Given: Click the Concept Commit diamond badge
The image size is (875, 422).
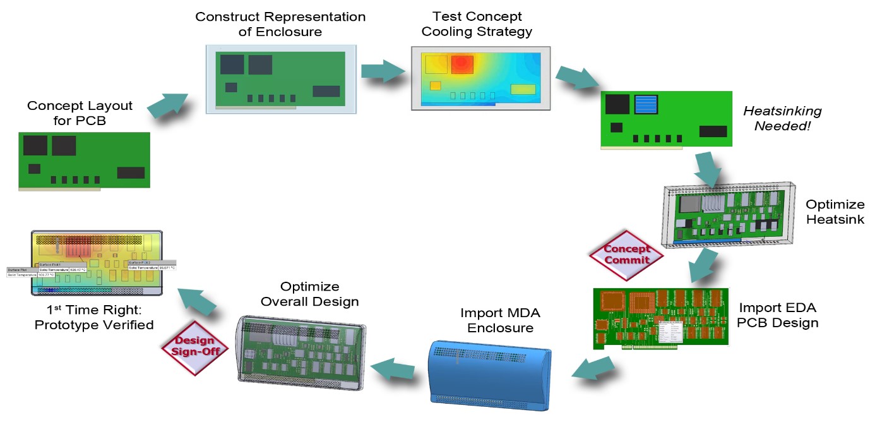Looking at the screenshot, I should point(626,254).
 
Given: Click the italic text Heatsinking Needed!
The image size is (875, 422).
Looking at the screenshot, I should point(782,119).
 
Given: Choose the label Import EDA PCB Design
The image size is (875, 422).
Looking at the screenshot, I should point(778,315).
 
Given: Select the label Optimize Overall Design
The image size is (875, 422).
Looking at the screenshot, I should point(309,294).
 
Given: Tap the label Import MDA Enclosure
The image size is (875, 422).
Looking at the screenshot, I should point(500,320).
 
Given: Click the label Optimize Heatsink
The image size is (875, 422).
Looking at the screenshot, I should point(835,212).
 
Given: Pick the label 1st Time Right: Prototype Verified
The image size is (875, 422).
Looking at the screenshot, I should point(94,318).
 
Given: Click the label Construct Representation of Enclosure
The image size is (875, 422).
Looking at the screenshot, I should point(280,24).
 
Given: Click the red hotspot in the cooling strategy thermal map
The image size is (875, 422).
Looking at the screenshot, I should point(461,64).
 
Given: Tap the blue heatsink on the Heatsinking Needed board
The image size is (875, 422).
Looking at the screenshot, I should point(645,105).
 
